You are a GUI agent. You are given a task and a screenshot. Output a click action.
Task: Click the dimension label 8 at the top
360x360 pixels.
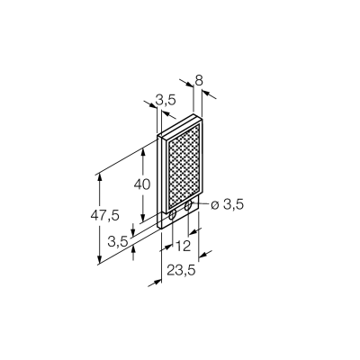[x=199, y=80]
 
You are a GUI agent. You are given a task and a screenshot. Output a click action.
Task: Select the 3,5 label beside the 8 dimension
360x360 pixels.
[x=166, y=101]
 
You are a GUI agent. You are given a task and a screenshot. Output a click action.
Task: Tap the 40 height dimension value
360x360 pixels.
[x=141, y=184]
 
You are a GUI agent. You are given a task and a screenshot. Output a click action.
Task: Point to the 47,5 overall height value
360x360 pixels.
[x=105, y=215]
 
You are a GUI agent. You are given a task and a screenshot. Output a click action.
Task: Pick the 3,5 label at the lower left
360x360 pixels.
[x=118, y=241]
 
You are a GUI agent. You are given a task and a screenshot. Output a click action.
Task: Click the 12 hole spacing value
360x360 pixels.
[x=183, y=247]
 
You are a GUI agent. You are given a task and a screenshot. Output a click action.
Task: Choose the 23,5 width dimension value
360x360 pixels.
[x=181, y=270]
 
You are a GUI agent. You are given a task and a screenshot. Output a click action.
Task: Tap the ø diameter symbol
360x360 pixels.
[x=214, y=205]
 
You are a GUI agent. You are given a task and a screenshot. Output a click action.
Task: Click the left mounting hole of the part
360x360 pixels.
[x=173, y=215]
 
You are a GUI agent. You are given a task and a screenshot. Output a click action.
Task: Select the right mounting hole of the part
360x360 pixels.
[x=188, y=206]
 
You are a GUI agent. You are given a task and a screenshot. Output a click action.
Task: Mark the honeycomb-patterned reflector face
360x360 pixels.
[x=184, y=167]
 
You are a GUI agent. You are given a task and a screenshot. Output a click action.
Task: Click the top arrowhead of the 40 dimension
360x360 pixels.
[x=143, y=153]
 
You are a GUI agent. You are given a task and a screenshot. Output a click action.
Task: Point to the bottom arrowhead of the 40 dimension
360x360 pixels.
[x=143, y=217]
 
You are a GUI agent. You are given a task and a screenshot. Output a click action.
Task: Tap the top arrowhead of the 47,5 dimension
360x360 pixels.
[x=100, y=179]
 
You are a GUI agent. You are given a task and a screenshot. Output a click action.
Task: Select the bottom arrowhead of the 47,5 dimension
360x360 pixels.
[x=100, y=259]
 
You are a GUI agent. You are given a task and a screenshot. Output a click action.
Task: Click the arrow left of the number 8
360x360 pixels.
[x=186, y=83]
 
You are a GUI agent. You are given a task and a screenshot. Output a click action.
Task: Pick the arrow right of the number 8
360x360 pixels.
[x=209, y=94]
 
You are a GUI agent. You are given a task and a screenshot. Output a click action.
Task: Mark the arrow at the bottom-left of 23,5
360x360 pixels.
[x=155, y=283]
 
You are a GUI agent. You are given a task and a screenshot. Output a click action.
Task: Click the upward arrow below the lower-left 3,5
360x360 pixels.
[x=134, y=253]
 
